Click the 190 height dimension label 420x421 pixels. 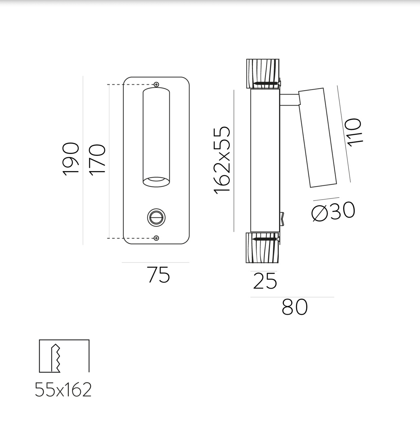coord(71,159)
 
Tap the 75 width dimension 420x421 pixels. coord(159,275)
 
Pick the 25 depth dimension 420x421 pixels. coord(265,281)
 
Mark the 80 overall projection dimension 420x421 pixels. coord(294,307)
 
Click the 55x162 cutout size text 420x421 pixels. coord(63,390)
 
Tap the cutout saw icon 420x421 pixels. coord(64,356)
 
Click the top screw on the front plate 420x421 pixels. coord(156,84)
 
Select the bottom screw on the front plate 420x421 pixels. coord(156,238)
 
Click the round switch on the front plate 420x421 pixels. coord(156,217)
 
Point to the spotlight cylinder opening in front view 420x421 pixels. coord(156,181)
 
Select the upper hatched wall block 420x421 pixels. coord(262,73)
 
